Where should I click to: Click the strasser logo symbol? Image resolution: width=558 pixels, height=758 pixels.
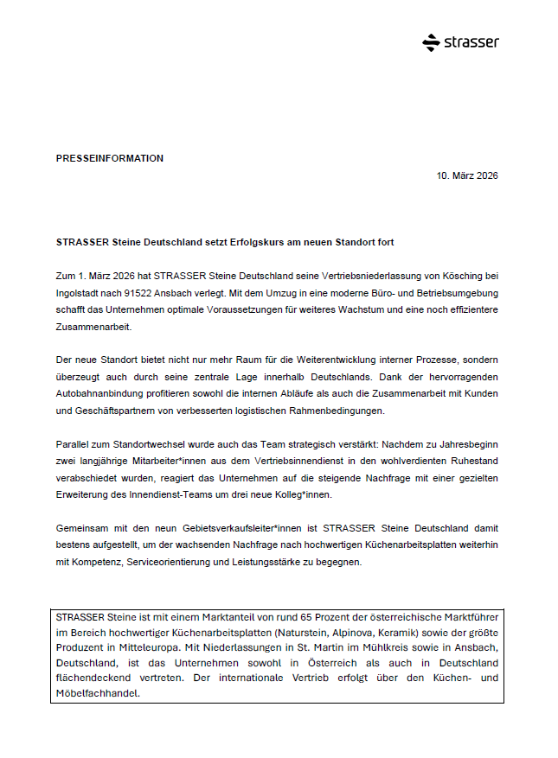[x=431, y=42]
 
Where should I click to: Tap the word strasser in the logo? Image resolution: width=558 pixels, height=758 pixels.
[x=472, y=42]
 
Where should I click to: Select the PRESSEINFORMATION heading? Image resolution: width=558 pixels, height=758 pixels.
[x=109, y=158]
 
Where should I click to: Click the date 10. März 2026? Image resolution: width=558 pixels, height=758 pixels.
[x=467, y=176]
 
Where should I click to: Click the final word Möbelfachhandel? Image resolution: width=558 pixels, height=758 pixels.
[x=96, y=693]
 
